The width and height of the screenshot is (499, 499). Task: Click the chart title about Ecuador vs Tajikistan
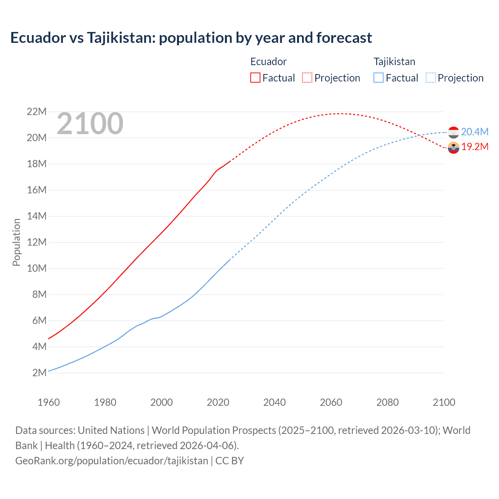[191, 38]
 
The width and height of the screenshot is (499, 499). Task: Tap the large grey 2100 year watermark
[90, 124]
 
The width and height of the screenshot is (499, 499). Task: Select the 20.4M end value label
[474, 132]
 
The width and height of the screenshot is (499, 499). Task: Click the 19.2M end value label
[474, 147]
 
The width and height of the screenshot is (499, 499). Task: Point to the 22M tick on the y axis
[37, 112]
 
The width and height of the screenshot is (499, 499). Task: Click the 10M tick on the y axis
[37, 269]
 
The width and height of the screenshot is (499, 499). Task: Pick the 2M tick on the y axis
[39, 373]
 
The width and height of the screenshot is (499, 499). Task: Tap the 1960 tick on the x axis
[49, 402]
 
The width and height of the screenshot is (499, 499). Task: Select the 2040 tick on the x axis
[274, 402]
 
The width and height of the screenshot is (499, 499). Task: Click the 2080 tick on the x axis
[388, 402]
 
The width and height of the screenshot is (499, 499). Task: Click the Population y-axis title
[16, 242]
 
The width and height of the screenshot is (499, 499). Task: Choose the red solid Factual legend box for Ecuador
[255, 78]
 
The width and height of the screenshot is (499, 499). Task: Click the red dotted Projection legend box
[307, 78]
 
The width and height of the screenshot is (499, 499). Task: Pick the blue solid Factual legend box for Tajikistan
[379, 78]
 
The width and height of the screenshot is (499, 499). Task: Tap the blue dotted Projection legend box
[430, 78]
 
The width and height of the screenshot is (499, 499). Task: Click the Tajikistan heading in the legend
[395, 62]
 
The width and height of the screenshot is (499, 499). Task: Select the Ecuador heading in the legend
[268, 62]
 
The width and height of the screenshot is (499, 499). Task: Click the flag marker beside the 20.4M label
[453, 133]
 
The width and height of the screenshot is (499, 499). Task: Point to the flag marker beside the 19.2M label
[453, 147]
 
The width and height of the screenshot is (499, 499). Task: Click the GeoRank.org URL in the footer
[111, 461]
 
